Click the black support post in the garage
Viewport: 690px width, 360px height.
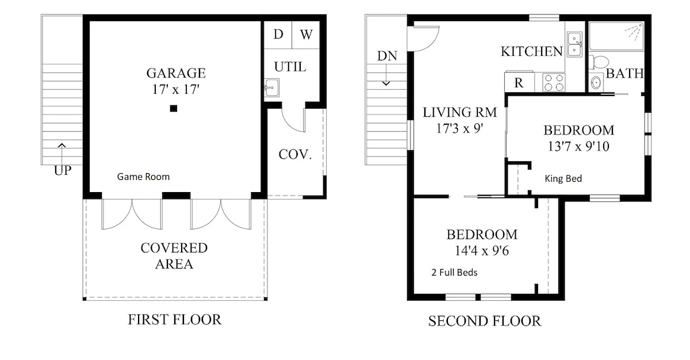174,108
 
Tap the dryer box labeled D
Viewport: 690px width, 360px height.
278,35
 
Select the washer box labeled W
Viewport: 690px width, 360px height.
306,35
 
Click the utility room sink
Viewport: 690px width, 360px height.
271,87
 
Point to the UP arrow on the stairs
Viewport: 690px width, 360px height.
62,155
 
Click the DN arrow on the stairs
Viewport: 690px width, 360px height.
386,75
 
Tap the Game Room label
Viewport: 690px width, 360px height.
143,177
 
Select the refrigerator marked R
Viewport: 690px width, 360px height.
519,82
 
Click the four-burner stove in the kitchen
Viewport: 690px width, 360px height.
554,83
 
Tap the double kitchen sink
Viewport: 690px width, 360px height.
574,44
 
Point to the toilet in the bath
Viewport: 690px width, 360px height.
599,62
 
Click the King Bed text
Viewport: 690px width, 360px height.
563,179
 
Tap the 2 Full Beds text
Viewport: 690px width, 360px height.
454,273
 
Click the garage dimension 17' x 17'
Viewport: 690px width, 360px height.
175,89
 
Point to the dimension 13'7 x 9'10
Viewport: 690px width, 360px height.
578,146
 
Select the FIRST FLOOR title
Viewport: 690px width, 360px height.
175,320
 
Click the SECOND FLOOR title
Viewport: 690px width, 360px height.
485,321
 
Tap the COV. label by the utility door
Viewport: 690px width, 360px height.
295,155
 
